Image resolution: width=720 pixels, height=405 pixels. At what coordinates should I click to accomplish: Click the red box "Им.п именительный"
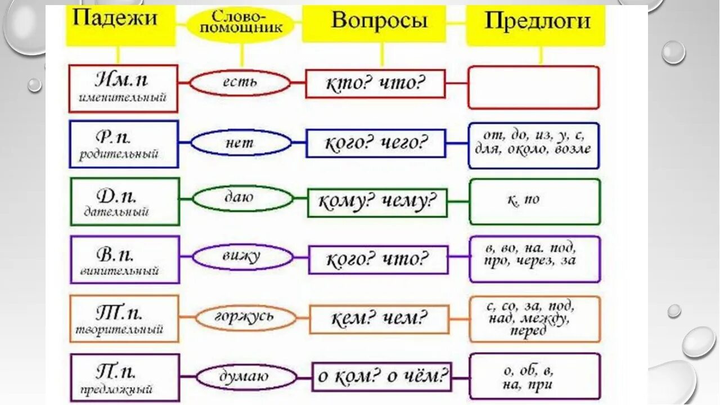123,88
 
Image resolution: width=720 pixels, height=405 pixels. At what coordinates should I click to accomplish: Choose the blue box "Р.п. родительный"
124,144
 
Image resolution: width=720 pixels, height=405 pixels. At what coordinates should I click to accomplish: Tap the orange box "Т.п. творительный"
124,318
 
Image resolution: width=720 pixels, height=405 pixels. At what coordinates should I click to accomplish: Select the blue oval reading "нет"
241,143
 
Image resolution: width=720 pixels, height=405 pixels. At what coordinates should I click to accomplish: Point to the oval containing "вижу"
243,258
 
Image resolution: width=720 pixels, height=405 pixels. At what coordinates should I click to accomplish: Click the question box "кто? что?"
375,84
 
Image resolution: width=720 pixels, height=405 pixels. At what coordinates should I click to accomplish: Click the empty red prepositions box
533,87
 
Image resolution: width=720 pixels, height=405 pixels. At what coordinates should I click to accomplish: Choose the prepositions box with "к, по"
534,201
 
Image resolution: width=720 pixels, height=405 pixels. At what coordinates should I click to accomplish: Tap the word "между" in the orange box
548,319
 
